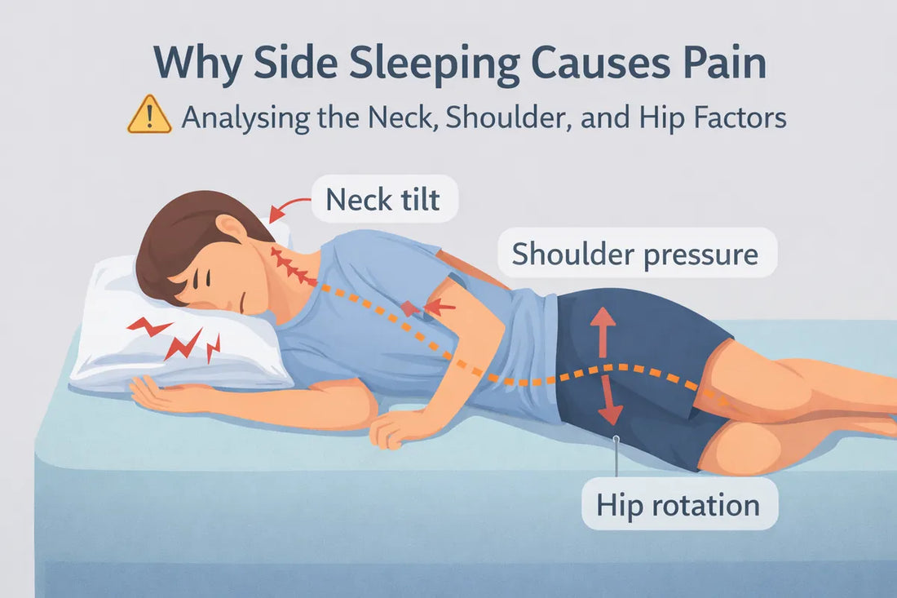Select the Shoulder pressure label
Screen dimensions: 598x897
tap(634, 255)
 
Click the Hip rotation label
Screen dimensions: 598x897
tap(678, 504)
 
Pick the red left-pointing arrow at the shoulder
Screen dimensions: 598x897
tap(440, 307)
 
